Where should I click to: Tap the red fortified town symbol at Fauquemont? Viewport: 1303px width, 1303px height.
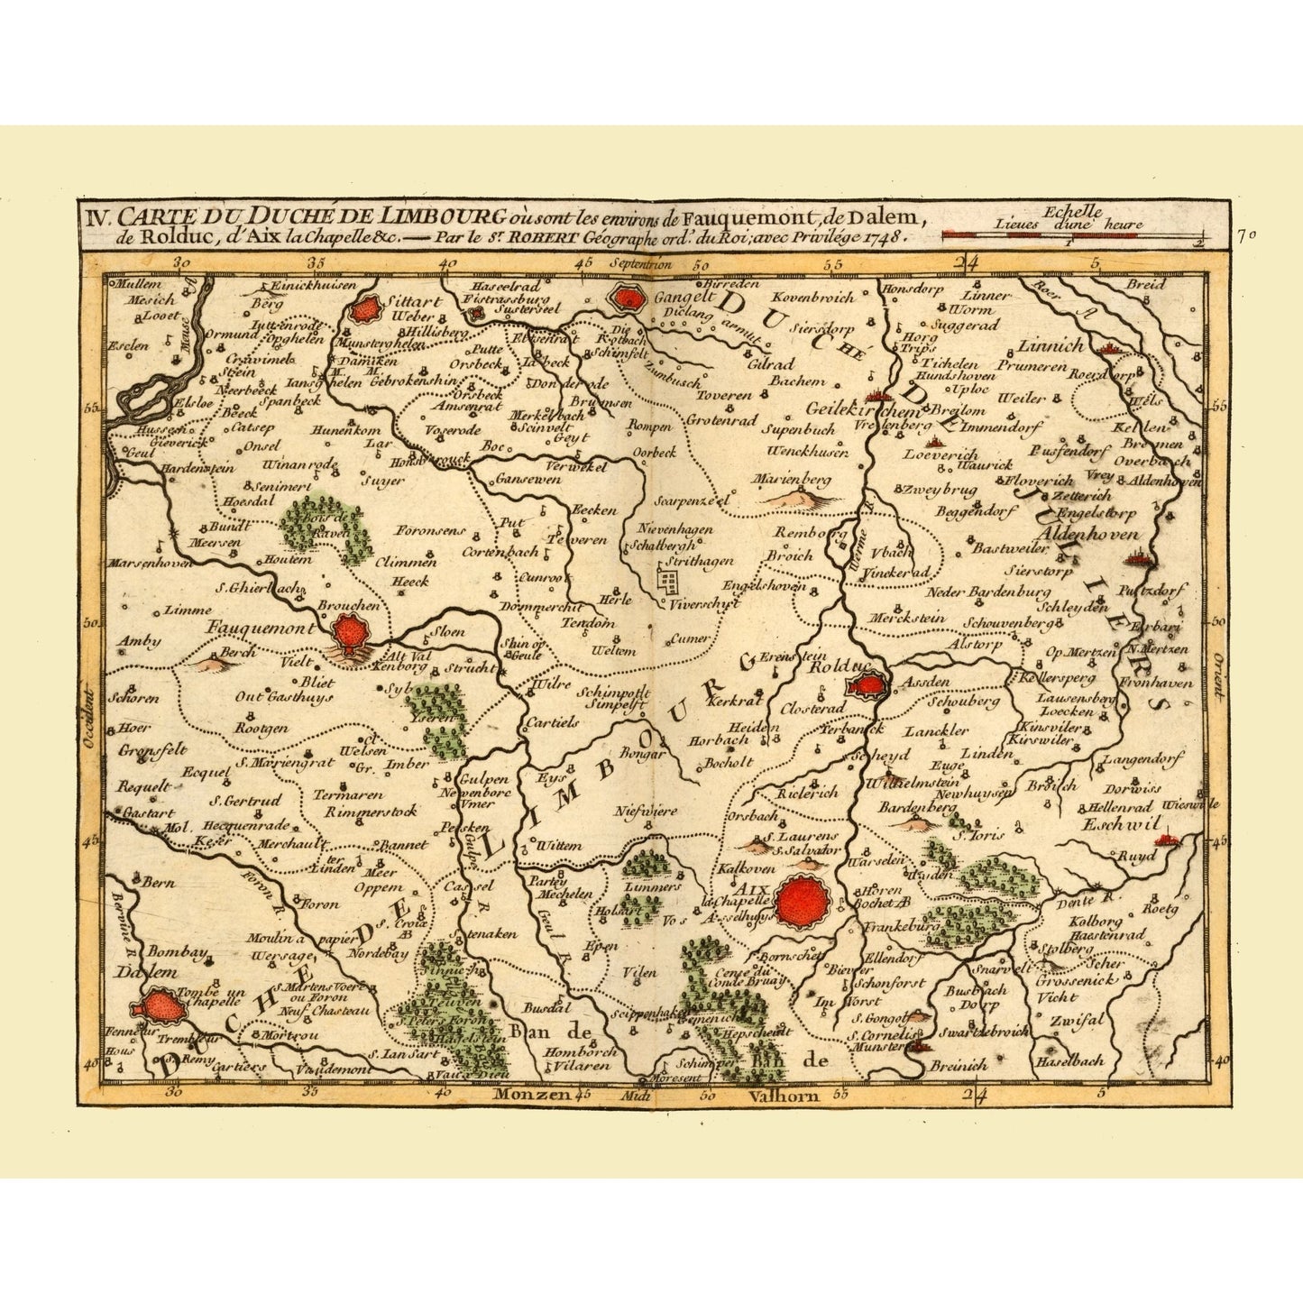point(346,633)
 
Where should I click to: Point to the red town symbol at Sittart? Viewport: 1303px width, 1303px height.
point(365,310)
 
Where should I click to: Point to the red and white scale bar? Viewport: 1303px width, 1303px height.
point(1073,236)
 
